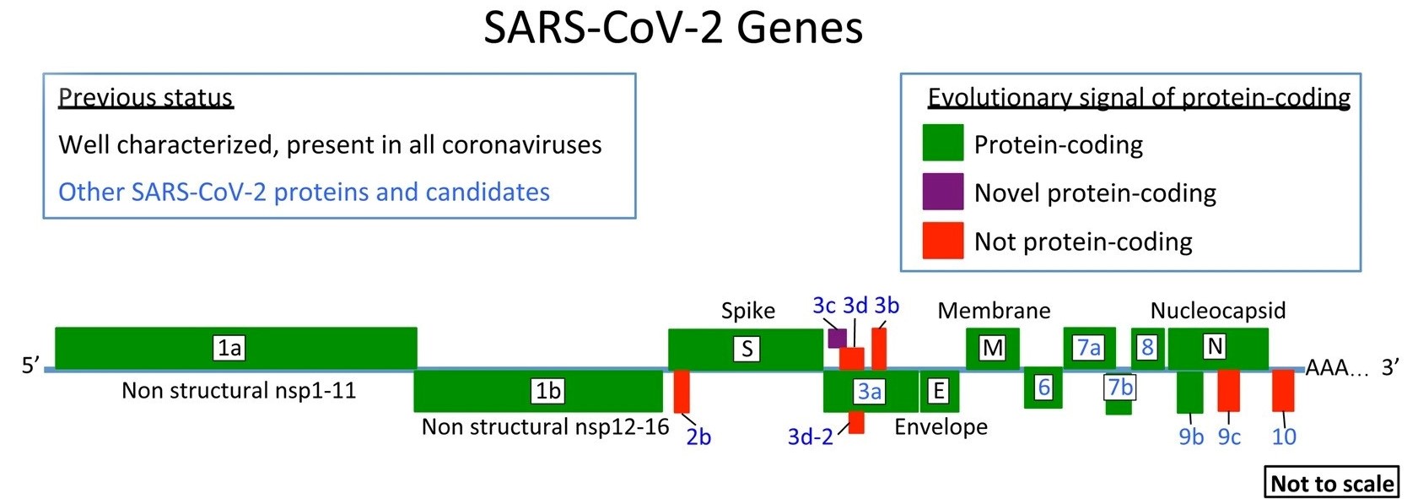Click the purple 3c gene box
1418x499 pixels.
click(x=837, y=339)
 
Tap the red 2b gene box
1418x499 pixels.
click(x=682, y=391)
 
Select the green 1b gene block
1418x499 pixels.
click(x=538, y=391)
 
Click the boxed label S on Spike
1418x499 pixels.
click(x=747, y=349)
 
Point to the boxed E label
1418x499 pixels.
click(x=938, y=391)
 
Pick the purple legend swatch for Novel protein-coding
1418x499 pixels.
click(x=942, y=192)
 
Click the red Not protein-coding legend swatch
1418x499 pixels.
click(x=942, y=241)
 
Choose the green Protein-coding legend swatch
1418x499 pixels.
click(x=942, y=143)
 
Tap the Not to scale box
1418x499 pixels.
click(x=1331, y=483)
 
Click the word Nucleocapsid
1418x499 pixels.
click(x=1217, y=311)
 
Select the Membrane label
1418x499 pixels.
click(x=994, y=311)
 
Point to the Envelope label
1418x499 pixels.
click(x=941, y=426)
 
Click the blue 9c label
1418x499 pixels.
click(x=1229, y=437)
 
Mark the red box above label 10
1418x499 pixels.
click(x=1283, y=391)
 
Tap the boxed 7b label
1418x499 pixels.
click(x=1119, y=388)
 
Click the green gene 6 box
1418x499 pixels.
click(x=1043, y=388)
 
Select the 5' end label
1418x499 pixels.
click(x=30, y=366)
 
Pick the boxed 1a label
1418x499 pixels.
click(x=229, y=348)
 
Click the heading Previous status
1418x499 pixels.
click(x=145, y=98)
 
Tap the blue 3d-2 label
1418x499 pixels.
click(x=810, y=437)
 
